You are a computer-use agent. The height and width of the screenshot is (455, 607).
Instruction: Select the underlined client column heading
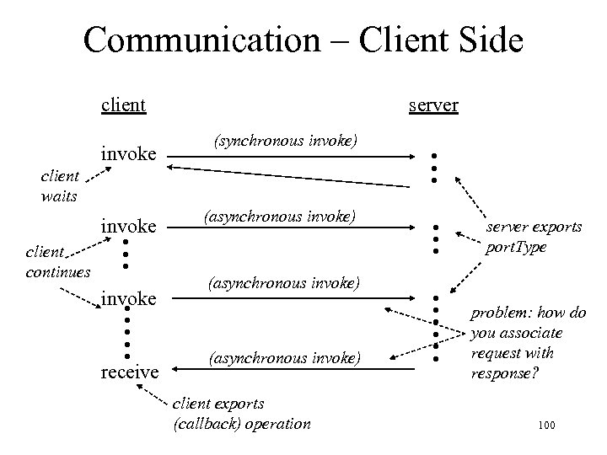(x=123, y=105)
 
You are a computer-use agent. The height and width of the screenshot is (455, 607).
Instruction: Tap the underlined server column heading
(x=433, y=105)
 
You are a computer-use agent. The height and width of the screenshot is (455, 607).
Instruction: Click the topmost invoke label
(x=128, y=154)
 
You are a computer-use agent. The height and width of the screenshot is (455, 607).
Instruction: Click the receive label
(x=130, y=371)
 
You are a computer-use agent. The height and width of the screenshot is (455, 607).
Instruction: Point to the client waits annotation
(x=60, y=186)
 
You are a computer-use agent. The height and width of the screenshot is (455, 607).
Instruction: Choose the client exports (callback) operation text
(x=241, y=413)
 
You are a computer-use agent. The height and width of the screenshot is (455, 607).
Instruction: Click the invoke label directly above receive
(x=128, y=298)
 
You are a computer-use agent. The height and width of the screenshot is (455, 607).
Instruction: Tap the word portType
(x=516, y=248)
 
